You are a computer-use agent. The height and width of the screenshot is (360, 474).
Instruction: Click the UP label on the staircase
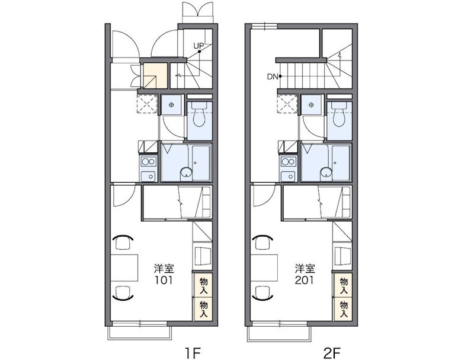click(x=198, y=46)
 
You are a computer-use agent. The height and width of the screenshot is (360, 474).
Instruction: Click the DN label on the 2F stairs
click(x=272, y=77)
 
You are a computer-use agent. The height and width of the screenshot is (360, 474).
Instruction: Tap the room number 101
click(x=164, y=281)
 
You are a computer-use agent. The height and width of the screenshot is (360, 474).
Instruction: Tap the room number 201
click(x=305, y=281)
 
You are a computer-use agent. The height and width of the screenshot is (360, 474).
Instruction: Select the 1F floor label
click(x=193, y=353)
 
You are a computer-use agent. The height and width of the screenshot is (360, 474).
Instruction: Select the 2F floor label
click(x=332, y=353)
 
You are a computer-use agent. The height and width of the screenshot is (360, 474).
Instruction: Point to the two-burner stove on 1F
click(x=149, y=161)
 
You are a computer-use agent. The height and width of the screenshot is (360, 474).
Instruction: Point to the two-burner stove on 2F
click(x=289, y=161)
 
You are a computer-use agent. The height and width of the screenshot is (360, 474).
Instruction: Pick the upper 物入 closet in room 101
click(x=203, y=286)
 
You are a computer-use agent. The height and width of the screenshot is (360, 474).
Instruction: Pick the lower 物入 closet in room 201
click(x=343, y=309)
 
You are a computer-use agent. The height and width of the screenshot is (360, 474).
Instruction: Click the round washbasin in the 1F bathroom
click(x=186, y=173)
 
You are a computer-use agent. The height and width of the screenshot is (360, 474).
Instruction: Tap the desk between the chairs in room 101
click(x=124, y=267)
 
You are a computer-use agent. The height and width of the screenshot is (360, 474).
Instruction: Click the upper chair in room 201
click(x=262, y=242)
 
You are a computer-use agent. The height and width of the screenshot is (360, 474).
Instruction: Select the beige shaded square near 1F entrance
click(x=155, y=76)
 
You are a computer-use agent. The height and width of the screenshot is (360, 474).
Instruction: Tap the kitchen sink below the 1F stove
click(x=149, y=176)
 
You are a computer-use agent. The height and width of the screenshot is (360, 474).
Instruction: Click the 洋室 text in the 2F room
click(x=305, y=269)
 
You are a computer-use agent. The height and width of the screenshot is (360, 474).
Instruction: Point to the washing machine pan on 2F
click(x=287, y=103)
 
